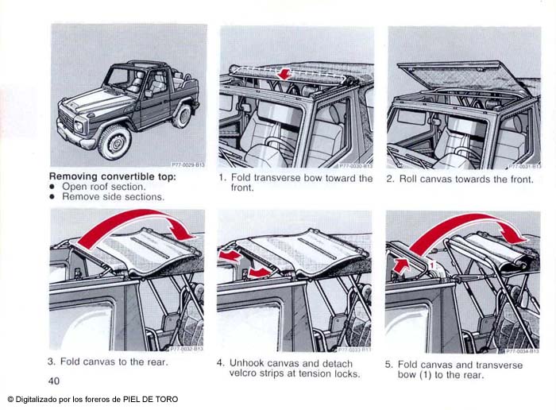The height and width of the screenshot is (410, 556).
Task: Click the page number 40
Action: coord(54,381)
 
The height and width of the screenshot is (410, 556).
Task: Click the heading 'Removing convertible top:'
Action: coord(113,176)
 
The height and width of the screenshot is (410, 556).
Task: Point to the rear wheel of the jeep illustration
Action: coord(182,115)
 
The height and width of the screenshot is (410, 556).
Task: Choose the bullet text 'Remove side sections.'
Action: coord(113,196)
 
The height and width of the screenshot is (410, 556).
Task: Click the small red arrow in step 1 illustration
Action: coord(283,74)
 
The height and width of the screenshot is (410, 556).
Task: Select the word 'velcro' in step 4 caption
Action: coord(246,373)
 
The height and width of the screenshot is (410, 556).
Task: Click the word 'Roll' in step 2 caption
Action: coord(410,179)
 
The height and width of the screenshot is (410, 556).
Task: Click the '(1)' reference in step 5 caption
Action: coord(438,374)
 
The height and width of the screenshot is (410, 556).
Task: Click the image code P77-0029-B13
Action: coord(188,164)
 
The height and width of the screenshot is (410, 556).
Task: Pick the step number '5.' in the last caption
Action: coord(389,364)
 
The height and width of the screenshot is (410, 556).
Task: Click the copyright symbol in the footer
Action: coord(10,399)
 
